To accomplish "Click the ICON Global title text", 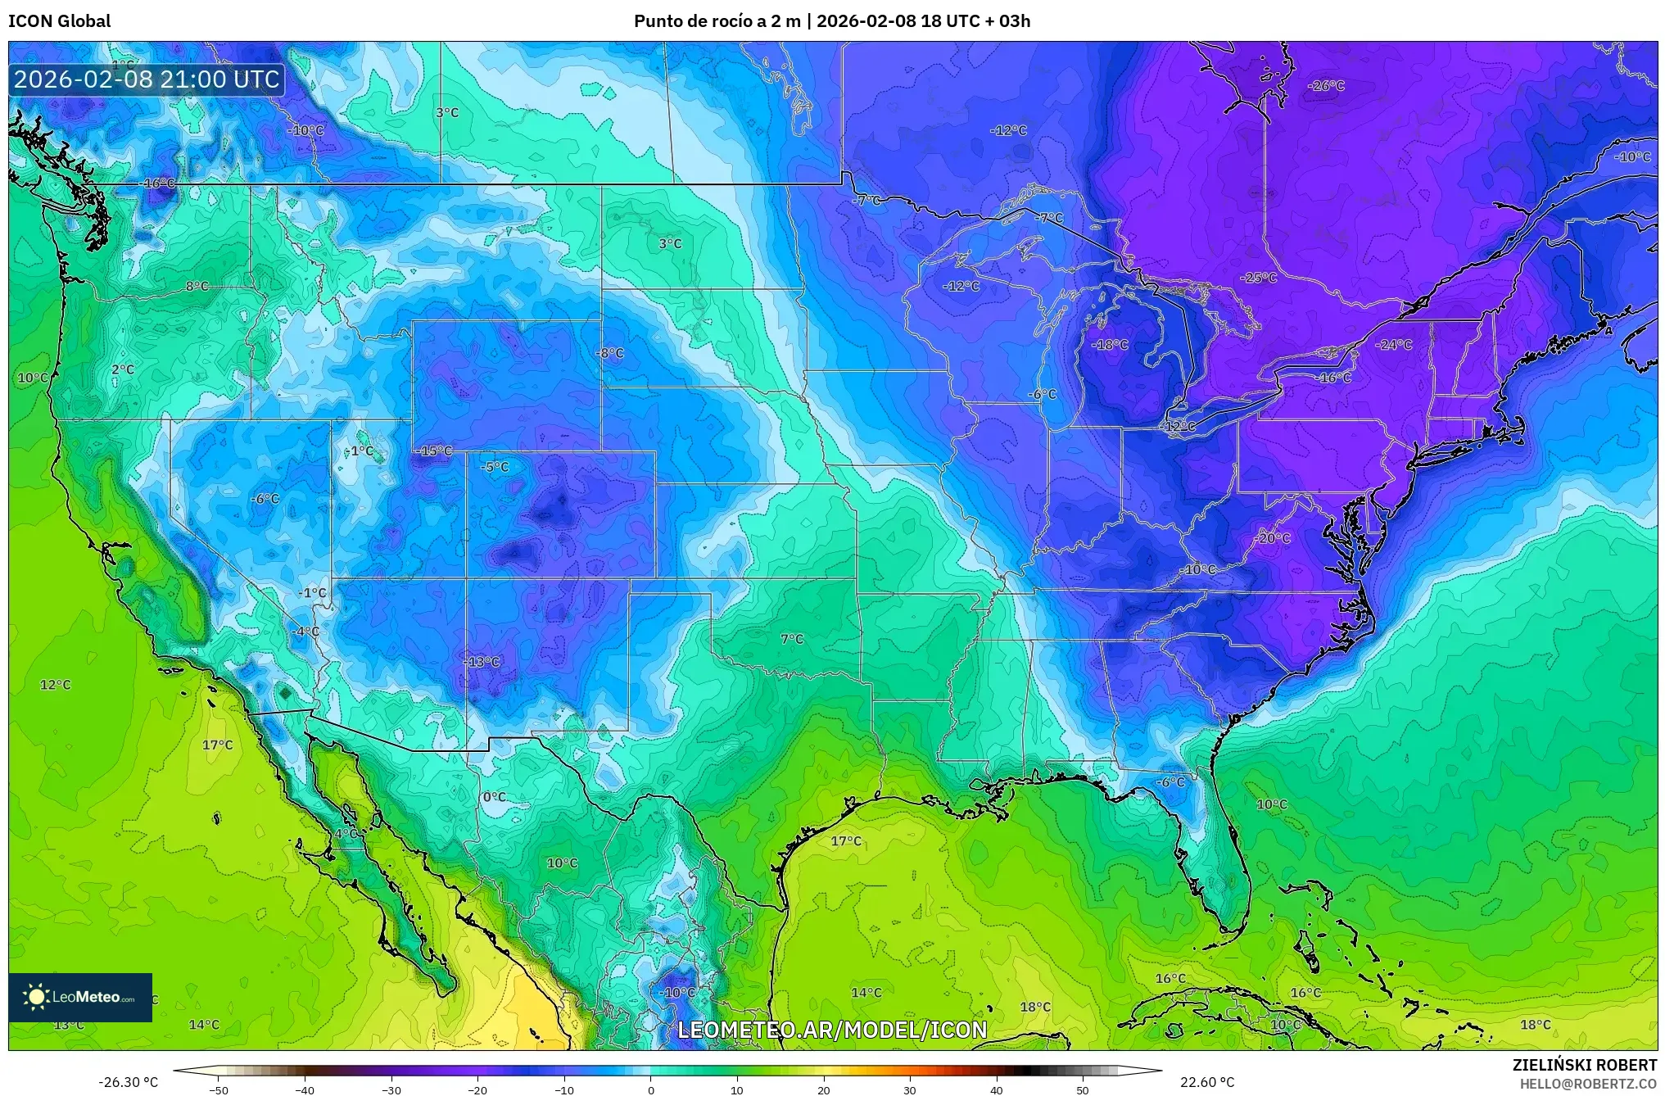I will coord(59,21).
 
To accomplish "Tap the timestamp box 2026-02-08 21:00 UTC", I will coord(147,79).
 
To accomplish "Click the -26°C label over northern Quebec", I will coord(1326,86).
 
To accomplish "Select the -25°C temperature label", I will coord(1258,279).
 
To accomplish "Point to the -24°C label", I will coord(1395,345).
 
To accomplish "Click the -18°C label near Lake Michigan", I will coord(1110,345).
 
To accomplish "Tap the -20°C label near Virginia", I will coord(1274,538).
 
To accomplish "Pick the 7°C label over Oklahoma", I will coord(792,639).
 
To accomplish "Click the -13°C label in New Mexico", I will coord(482,662).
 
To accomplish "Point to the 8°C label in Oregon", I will coord(197,286).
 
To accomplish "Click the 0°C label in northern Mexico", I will coord(494,797).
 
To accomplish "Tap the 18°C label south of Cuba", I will coord(1035,1007).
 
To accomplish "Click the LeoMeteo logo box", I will coord(80,997).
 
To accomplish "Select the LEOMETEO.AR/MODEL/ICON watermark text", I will coord(832,1030).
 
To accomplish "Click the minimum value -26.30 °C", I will coord(128,1082).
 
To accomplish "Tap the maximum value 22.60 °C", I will coord(1206,1082).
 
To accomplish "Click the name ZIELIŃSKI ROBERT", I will coord(1584,1065).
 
